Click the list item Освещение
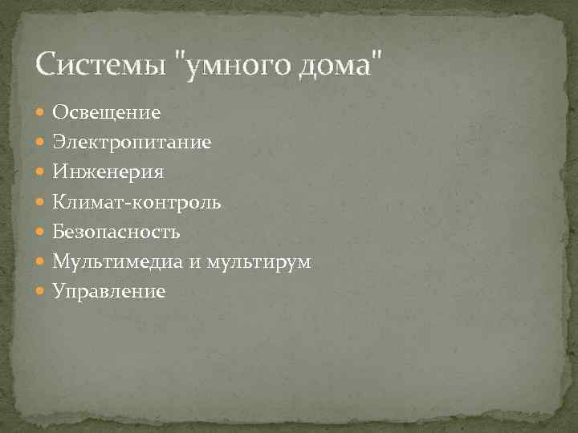point(107,111)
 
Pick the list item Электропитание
point(132,142)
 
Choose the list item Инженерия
point(108,172)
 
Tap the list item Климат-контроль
point(136,202)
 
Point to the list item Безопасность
point(116,232)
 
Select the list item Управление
point(109,292)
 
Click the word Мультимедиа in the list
point(116,262)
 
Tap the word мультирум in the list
point(258,262)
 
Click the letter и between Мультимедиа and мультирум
point(192,264)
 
